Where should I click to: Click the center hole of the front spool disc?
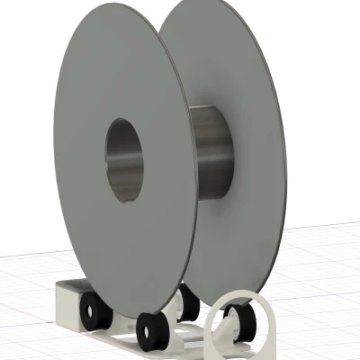125,159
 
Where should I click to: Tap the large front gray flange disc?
99,225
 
